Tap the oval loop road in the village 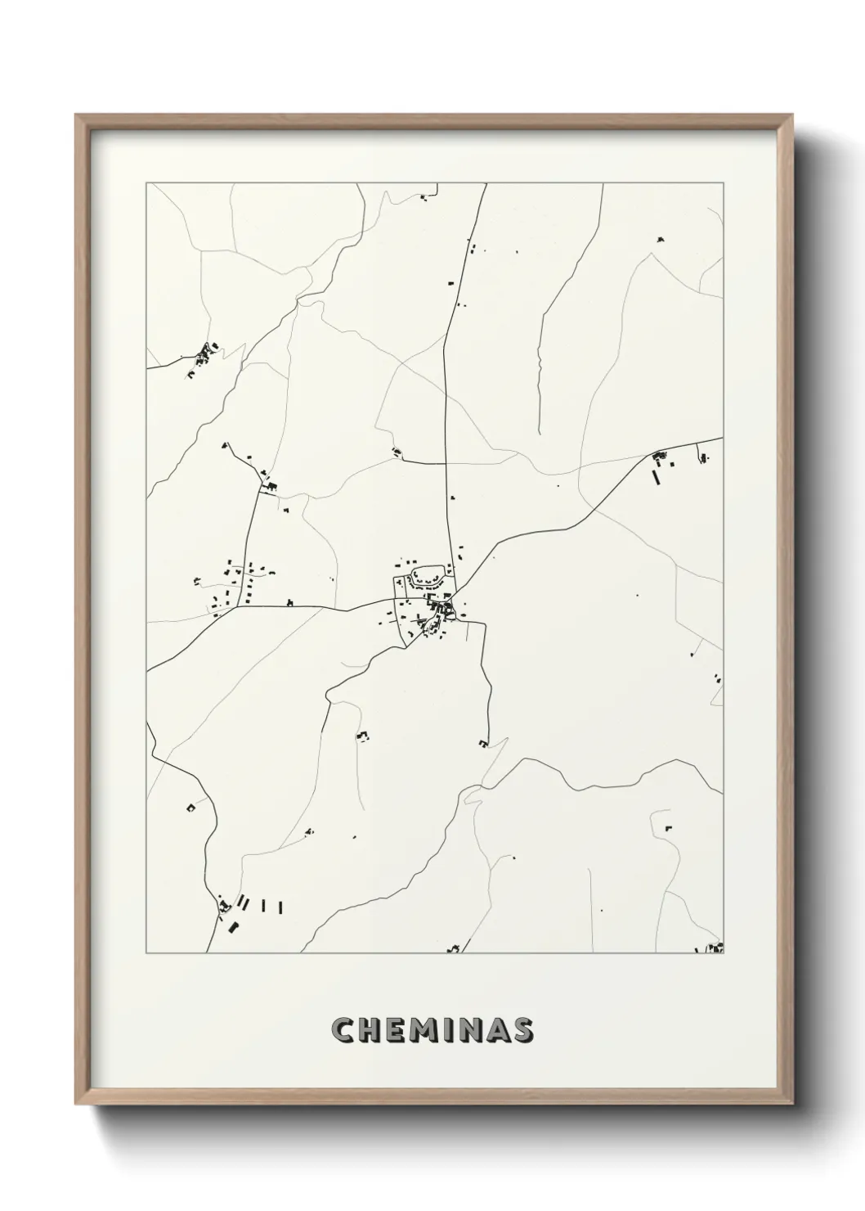pyautogui.click(x=428, y=576)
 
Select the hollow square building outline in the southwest pyautogui.click(x=191, y=807)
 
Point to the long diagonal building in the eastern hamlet pyautogui.click(x=657, y=477)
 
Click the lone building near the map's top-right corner pyautogui.click(x=661, y=240)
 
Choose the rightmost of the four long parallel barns pyautogui.click(x=280, y=907)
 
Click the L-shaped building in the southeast pyautogui.click(x=667, y=827)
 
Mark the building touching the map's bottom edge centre pyautogui.click(x=454, y=949)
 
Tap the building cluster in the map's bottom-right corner pyautogui.click(x=713, y=948)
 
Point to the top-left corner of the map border pyautogui.click(x=146, y=183)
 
